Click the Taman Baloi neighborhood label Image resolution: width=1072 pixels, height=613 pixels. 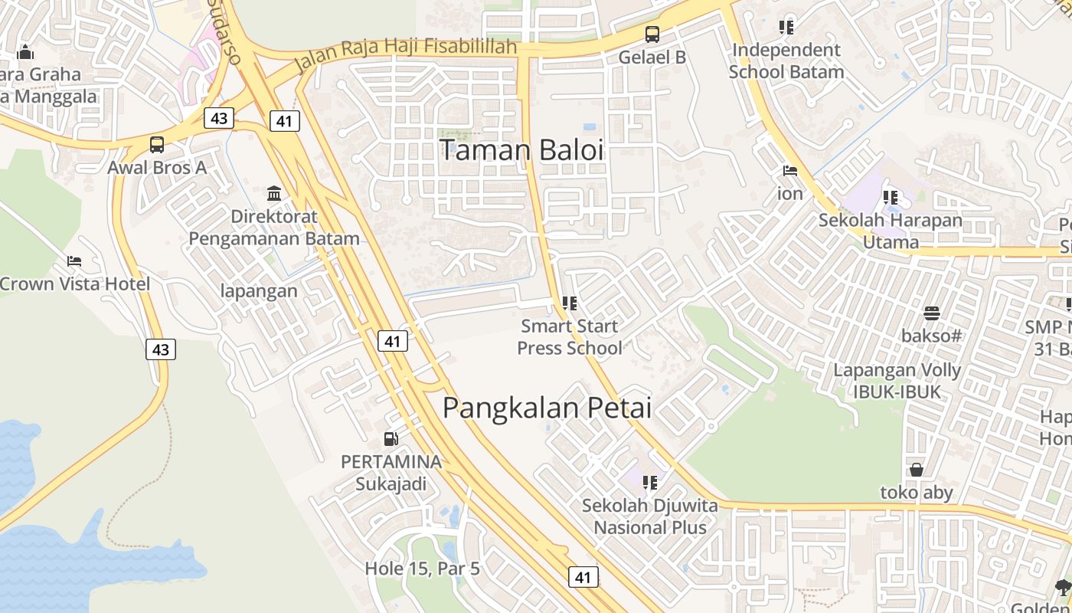pos(521,150)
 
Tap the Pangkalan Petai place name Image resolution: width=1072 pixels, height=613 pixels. pos(547,408)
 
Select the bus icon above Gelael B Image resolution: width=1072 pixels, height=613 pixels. pos(652,34)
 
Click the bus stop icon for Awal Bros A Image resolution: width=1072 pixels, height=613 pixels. pos(156,144)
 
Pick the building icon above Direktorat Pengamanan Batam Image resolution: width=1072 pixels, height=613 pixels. pos(274,193)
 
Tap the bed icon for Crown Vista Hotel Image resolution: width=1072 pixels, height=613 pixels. pos(74,261)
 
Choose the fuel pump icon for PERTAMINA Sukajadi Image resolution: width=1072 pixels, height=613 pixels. pos(391,439)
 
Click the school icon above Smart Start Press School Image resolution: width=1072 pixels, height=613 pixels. pos(569,303)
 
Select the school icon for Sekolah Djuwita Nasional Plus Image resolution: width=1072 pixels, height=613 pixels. pos(650,483)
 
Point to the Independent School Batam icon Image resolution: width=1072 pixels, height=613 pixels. pos(786,28)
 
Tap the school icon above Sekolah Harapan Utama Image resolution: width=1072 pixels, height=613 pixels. pos(890,198)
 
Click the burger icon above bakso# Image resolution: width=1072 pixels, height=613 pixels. pos(931,313)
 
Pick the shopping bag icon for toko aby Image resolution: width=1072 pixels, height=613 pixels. pos(916,470)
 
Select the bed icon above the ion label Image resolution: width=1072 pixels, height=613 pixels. pos(790,171)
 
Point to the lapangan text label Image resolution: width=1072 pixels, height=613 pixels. pos(259,291)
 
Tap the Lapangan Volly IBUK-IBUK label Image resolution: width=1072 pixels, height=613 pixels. pos(897,381)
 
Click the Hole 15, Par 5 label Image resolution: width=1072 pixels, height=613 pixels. pos(422,569)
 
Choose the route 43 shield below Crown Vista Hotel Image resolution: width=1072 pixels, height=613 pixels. pos(161,349)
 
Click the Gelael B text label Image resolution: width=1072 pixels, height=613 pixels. pos(652,57)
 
